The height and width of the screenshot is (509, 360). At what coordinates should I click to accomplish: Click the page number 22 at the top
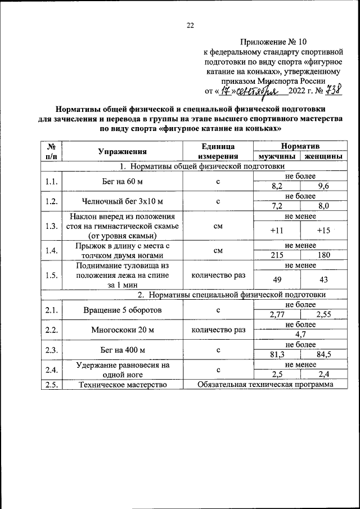(x=190, y=25)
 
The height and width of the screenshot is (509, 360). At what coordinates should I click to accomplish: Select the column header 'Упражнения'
(x=122, y=151)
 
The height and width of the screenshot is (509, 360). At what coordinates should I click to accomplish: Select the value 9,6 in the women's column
(x=322, y=186)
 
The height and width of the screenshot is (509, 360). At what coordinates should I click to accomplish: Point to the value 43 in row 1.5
(x=322, y=280)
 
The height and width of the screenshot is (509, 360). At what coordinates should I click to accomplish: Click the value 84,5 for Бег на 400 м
(x=322, y=354)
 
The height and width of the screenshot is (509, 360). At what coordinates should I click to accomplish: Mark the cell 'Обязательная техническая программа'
(x=265, y=385)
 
